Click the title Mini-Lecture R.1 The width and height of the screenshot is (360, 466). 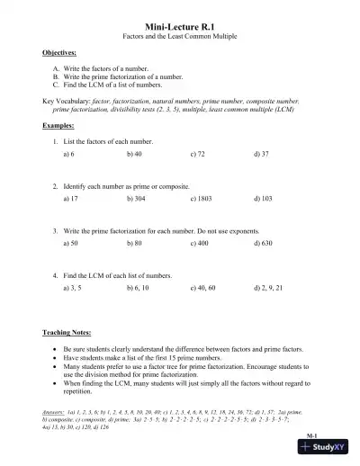pyautogui.click(x=179, y=29)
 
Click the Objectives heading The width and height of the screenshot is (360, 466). pyautogui.click(x=58, y=54)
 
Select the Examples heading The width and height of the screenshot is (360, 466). pyautogui.click(x=58, y=126)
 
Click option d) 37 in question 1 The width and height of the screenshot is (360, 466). pyautogui.click(x=263, y=155)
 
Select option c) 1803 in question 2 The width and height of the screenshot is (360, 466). pyautogui.click(x=202, y=199)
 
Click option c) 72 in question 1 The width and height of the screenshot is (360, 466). pyautogui.click(x=199, y=155)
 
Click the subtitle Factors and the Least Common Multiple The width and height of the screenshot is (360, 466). pyautogui.click(x=179, y=40)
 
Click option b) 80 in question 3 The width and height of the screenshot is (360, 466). pyautogui.click(x=136, y=243)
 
